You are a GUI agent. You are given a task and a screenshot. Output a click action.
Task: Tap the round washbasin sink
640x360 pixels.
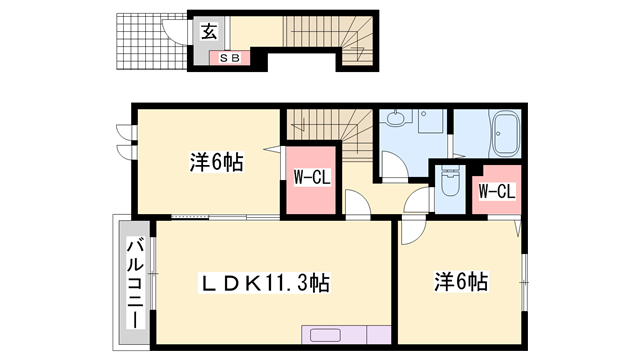pos(397,120)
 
